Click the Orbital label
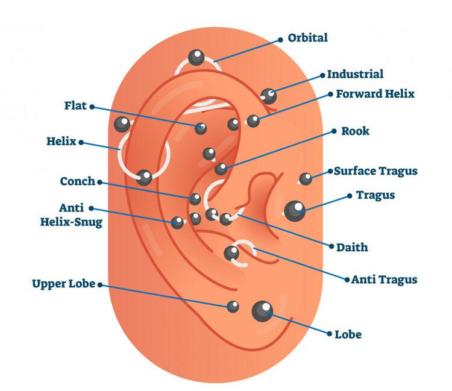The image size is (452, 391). point(307,38)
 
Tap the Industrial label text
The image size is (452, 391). point(355,74)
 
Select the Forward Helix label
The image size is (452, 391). point(375,94)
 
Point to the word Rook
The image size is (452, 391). point(355,131)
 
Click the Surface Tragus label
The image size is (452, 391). point(375,171)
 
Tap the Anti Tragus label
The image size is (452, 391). point(384,280)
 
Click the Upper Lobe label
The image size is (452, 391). point(64,284)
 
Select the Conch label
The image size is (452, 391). point(78,181)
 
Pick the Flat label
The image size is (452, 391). point(75,106)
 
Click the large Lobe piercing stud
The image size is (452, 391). point(262,310)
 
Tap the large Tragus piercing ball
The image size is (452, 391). point(295,210)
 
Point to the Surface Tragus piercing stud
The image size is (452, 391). point(306,178)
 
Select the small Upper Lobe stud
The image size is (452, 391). point(233,306)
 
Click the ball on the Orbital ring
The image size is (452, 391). point(196,58)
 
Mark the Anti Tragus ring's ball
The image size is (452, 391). point(231,253)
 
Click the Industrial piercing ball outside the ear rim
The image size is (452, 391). point(269,95)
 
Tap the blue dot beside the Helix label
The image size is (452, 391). point(81,143)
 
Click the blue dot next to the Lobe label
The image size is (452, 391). point(329,333)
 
